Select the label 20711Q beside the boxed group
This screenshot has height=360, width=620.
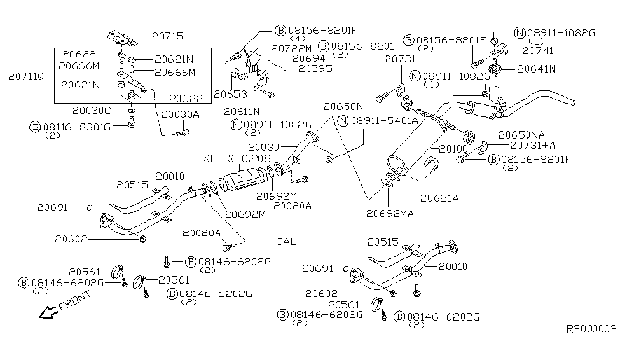[27, 75]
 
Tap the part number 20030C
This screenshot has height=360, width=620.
[95, 111]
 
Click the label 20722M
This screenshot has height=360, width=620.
[291, 48]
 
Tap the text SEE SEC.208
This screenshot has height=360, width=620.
[237, 158]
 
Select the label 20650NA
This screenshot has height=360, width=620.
[522, 135]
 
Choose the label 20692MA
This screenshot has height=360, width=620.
[390, 213]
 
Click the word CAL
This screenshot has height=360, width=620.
[286, 242]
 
